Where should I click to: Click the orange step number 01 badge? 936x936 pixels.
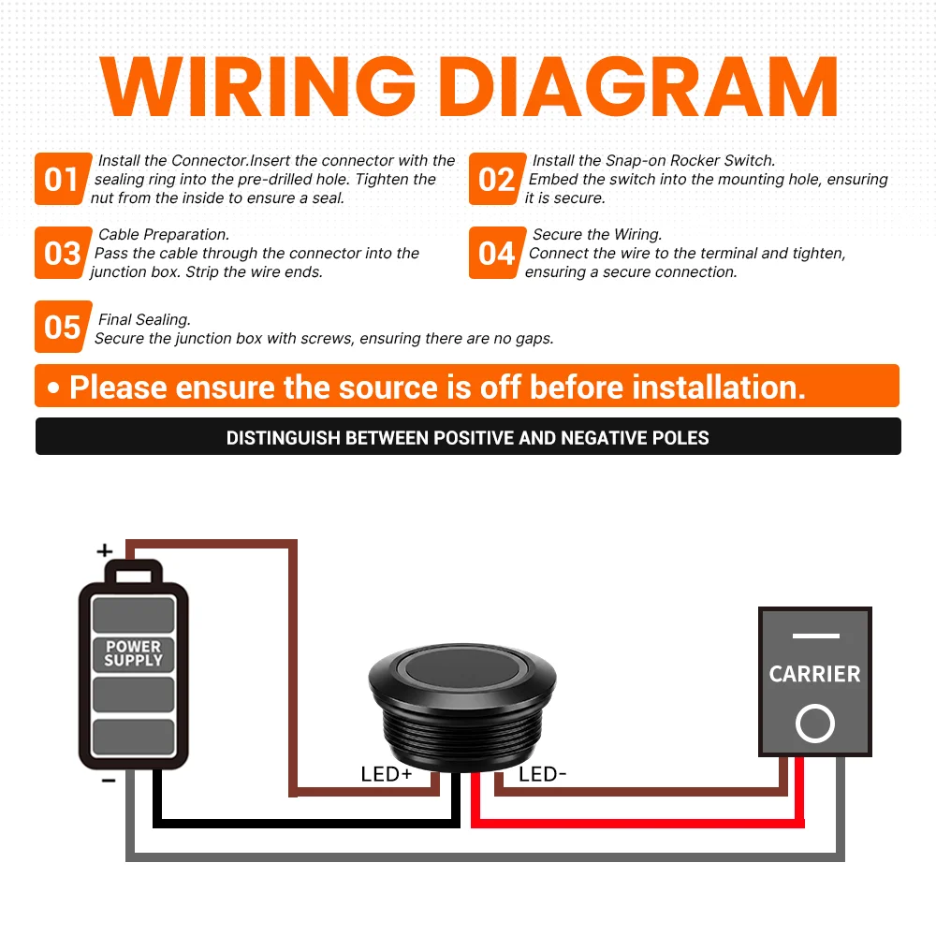coord(63,179)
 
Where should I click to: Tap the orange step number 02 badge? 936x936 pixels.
coord(497,179)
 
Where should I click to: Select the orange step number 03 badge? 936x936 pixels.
coord(63,253)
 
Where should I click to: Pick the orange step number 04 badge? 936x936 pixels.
coord(497,253)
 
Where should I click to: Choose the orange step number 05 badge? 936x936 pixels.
coord(63,327)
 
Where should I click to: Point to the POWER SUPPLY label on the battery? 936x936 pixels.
coord(133,653)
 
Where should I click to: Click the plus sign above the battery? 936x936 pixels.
coord(105,550)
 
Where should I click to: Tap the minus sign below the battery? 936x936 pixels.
coord(108,781)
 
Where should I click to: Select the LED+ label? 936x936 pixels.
coord(387,774)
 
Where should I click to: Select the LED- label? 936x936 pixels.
coord(542,774)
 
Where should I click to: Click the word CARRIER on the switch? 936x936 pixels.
coord(815,674)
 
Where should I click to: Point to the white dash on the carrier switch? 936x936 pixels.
coord(816,636)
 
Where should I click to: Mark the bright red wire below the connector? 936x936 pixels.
coord(637,824)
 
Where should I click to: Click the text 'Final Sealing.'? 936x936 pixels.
coord(144,319)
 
